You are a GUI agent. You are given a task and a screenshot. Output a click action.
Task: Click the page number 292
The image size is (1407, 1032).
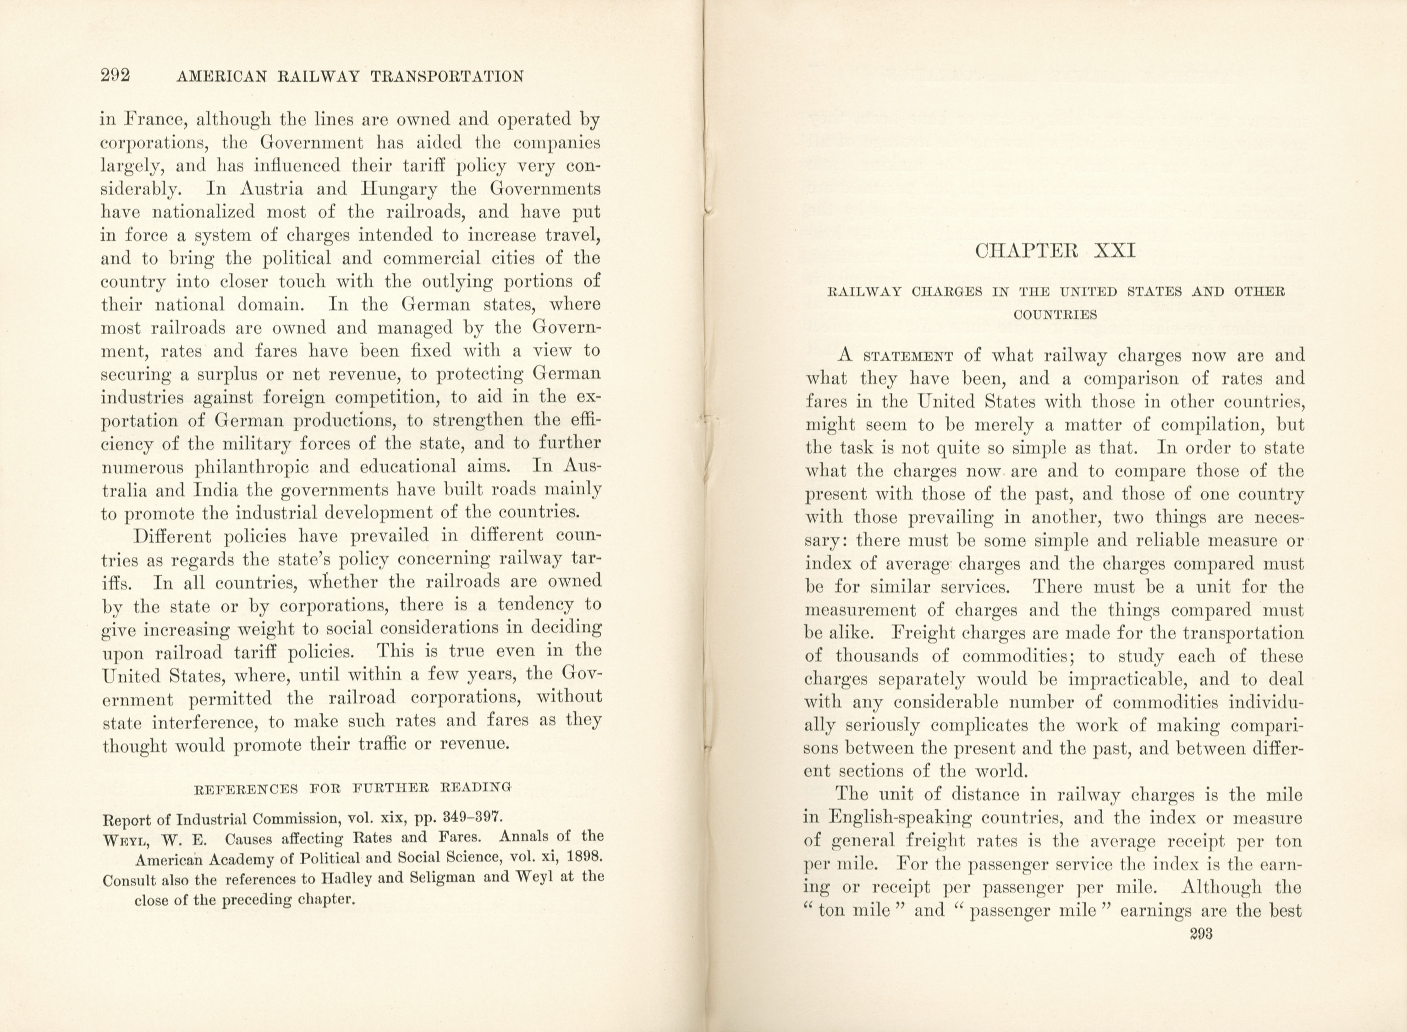[115, 76]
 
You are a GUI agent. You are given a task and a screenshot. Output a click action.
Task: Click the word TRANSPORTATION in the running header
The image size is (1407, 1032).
[447, 77]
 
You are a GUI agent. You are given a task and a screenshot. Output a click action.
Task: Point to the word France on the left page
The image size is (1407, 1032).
[150, 119]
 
